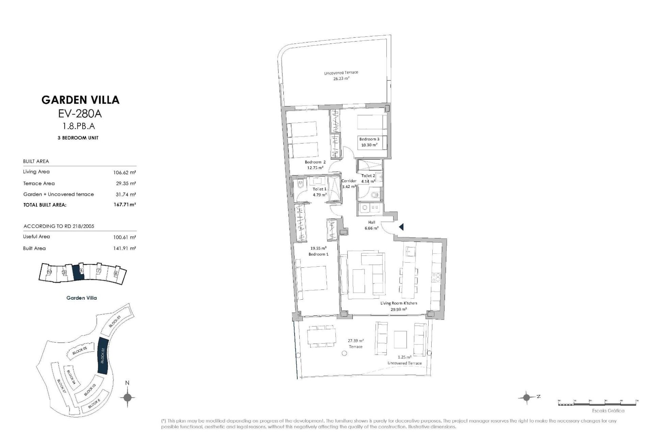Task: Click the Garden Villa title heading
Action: coord(80,100)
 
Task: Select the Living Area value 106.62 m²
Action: coord(125,172)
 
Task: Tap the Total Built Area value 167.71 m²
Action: coord(125,205)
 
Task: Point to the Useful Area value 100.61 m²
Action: coord(125,237)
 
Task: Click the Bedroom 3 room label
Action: coord(369,139)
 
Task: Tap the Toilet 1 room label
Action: coord(319,189)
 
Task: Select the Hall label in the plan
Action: coord(372,222)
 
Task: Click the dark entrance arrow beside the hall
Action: coord(401,227)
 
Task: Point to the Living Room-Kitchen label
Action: coord(399,303)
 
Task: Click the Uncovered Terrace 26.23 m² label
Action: coord(341,73)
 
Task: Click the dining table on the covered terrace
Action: coord(321,336)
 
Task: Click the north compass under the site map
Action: coord(127,397)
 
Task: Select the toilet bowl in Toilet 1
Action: coord(300,185)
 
